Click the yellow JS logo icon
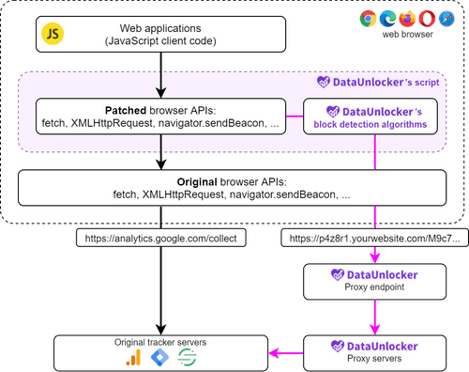point(53,33)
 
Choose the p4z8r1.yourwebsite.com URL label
point(375,239)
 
